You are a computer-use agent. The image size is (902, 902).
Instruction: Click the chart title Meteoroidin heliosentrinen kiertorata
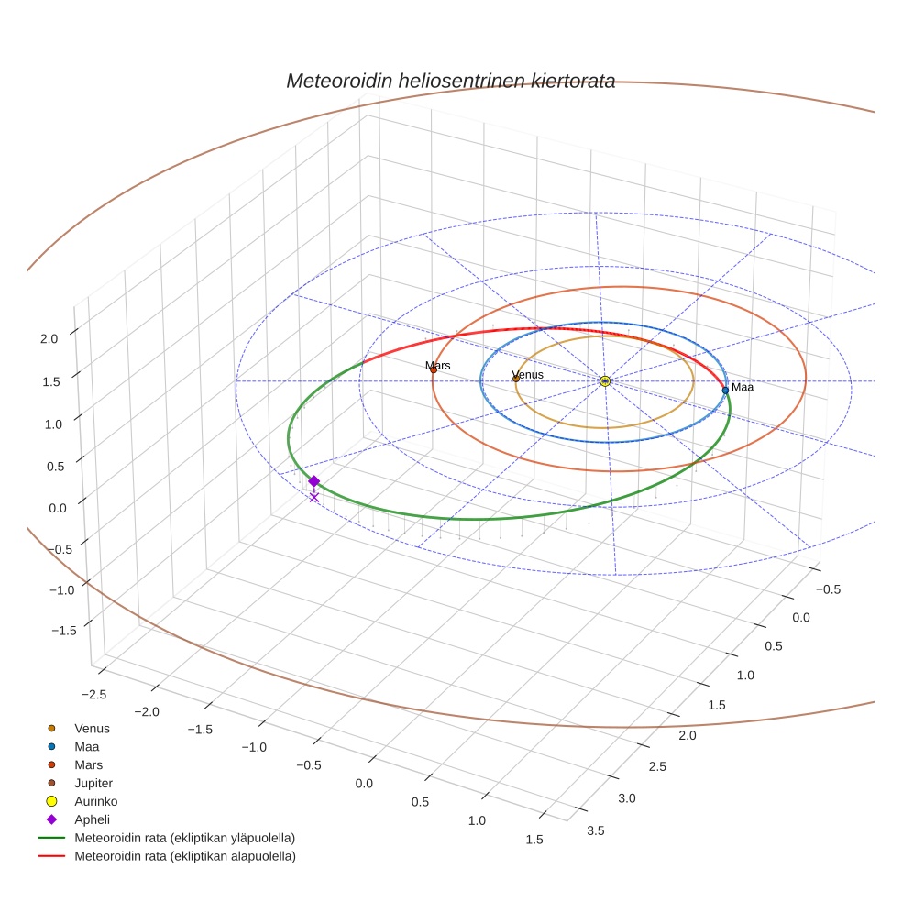click(x=450, y=81)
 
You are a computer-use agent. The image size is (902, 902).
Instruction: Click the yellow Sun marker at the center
click(x=605, y=380)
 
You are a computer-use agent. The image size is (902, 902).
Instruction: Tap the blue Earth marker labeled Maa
click(x=725, y=390)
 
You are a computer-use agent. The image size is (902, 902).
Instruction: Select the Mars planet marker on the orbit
click(x=434, y=369)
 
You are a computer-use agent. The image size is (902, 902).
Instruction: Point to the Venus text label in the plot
click(x=528, y=374)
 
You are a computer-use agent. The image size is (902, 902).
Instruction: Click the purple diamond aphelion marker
click(x=313, y=481)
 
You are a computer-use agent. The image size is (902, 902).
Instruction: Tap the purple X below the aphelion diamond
click(x=314, y=497)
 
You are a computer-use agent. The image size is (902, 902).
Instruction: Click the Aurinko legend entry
click(x=95, y=801)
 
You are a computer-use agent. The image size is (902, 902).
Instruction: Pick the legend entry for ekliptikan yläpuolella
click(x=183, y=838)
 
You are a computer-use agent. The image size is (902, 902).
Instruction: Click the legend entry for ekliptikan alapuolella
click(x=183, y=856)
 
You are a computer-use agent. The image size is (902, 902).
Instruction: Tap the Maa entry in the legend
click(x=86, y=746)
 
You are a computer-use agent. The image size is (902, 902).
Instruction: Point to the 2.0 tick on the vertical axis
click(x=49, y=338)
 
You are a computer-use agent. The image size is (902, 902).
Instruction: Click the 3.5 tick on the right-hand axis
click(x=595, y=830)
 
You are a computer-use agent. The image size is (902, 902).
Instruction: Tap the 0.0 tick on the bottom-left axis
click(x=364, y=783)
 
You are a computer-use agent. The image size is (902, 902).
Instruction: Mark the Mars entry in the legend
click(x=88, y=764)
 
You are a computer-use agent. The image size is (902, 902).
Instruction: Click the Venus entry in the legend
click(x=92, y=728)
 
